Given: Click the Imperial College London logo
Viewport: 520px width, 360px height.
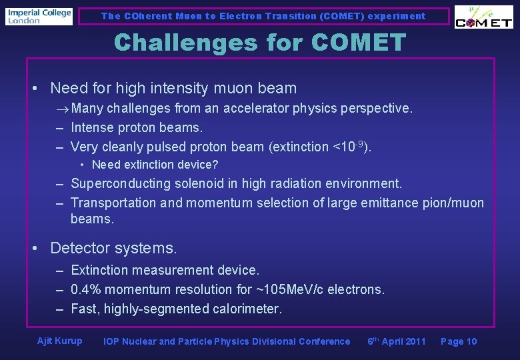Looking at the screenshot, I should [x=39, y=16].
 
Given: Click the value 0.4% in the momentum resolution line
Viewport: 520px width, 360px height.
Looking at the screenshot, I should [x=86, y=289].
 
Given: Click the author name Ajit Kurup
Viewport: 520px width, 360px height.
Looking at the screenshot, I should [x=60, y=341].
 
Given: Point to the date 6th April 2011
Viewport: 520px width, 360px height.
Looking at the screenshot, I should [x=396, y=341].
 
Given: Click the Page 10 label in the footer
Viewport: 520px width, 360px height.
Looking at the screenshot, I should [x=459, y=341].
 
